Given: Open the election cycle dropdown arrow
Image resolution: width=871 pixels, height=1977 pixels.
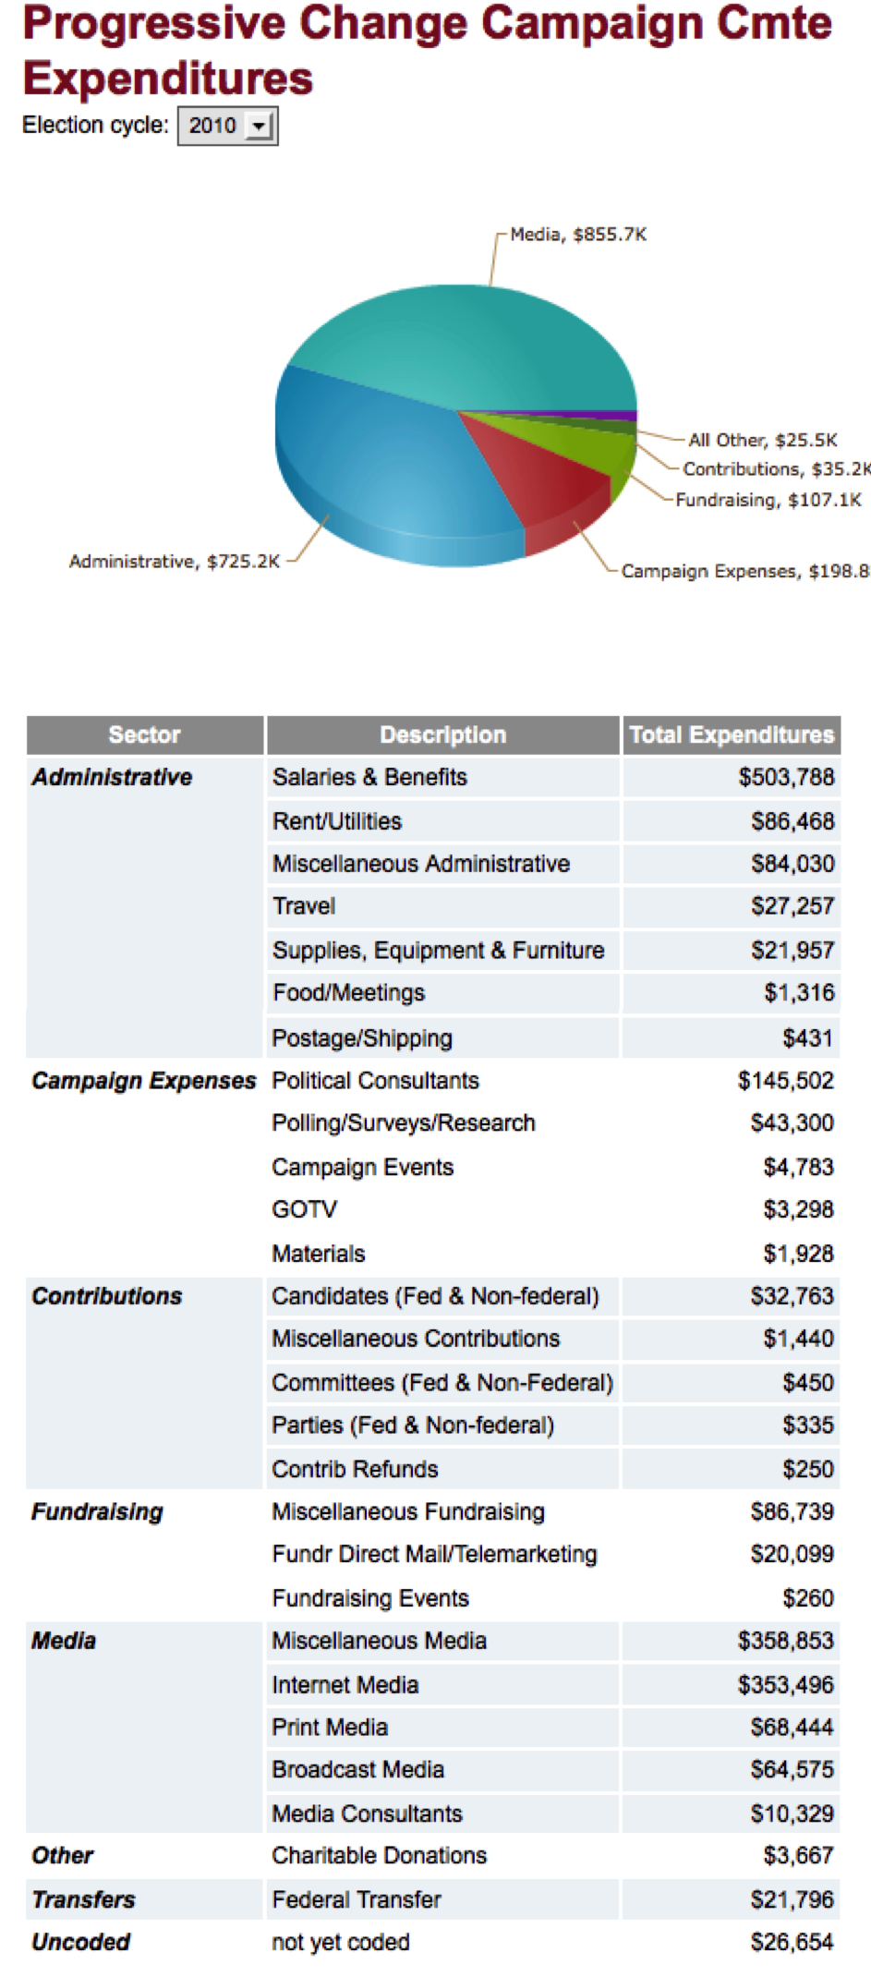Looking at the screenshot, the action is pyautogui.click(x=260, y=126).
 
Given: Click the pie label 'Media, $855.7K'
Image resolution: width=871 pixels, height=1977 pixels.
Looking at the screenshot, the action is pyautogui.click(x=578, y=235).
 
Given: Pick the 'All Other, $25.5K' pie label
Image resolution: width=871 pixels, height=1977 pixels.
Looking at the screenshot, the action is pyautogui.click(x=763, y=440).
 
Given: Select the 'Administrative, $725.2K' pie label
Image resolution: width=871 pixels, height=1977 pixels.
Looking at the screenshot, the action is pyautogui.click(x=174, y=561).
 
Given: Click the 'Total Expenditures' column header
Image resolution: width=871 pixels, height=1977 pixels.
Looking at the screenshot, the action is pyautogui.click(x=732, y=734).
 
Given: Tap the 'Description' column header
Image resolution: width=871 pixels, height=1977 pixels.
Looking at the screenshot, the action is pyautogui.click(x=442, y=734).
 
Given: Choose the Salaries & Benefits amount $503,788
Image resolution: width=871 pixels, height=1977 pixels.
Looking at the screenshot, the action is pyautogui.click(x=786, y=777).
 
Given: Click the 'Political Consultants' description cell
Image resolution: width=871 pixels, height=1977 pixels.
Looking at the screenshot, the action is pyautogui.click(x=376, y=1080).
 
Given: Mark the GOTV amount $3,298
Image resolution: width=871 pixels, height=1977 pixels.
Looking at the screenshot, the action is pyautogui.click(x=799, y=1209).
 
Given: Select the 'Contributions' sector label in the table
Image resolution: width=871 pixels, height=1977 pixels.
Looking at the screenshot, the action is pyautogui.click(x=107, y=1296).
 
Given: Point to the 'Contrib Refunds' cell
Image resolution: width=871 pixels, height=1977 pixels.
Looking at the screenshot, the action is pyautogui.click(x=355, y=1469).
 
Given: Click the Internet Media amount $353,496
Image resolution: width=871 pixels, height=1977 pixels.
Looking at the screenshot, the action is pyautogui.click(x=786, y=1685).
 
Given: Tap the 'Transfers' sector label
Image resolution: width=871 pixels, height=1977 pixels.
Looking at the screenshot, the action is pyautogui.click(x=83, y=1899).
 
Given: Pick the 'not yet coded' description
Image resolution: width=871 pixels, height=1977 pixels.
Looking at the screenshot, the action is pyautogui.click(x=341, y=1942).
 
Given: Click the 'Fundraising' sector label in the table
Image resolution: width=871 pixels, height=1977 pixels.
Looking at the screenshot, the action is pyautogui.click(x=97, y=1511).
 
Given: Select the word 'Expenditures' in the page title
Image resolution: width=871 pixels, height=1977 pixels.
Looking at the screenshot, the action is pyautogui.click(x=168, y=78).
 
